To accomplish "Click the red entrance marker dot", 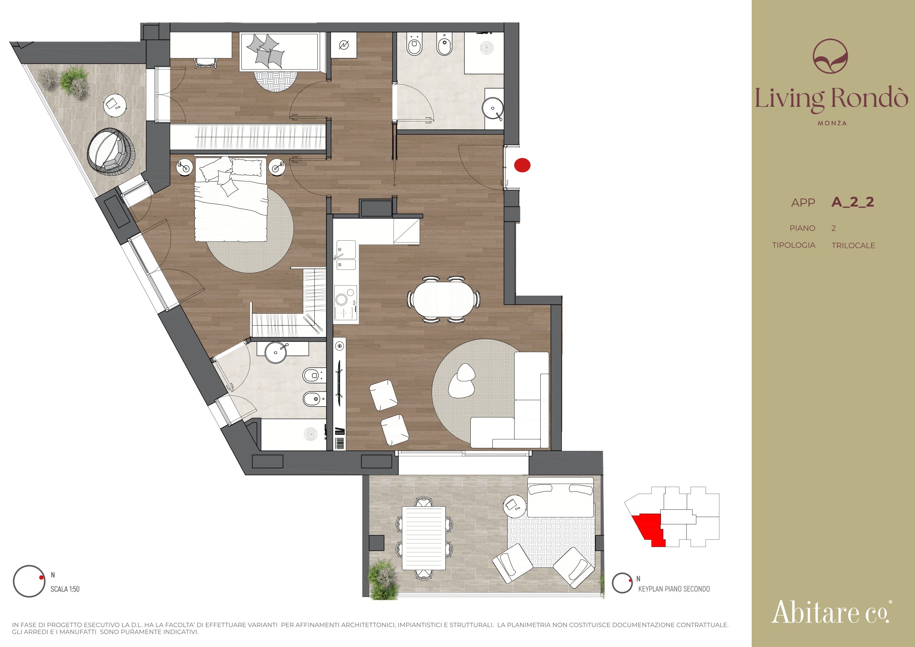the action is (522, 165).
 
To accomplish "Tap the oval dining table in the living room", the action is (443, 299).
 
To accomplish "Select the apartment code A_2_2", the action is (852, 202).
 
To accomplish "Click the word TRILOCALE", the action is (853, 246).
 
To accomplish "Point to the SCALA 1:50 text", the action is (65, 589).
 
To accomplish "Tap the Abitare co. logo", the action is (831, 612).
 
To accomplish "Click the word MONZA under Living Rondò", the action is (832, 123).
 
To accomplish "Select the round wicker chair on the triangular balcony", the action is (111, 151).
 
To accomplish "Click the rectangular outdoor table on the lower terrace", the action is (423, 538).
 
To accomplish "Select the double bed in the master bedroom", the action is (231, 199).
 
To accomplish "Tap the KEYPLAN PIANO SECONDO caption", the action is (674, 589).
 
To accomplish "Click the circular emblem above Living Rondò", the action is (830, 56).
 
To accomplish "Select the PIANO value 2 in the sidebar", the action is (834, 228).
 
